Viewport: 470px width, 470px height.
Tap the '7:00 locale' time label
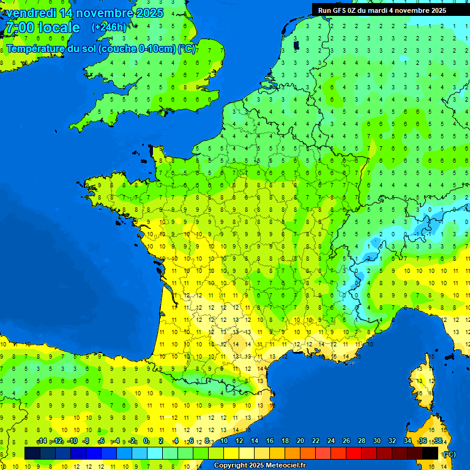(42, 28)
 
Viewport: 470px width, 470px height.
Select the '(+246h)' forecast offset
(109, 27)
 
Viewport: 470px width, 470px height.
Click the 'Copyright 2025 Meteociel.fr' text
(259, 465)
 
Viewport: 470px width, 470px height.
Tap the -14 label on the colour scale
(42, 441)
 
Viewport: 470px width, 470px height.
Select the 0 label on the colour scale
(146, 441)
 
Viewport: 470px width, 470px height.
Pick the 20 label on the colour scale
(300, 441)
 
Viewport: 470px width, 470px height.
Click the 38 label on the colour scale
(438, 441)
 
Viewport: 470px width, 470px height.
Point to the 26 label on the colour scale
(346, 441)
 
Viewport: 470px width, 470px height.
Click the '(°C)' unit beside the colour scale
(449, 453)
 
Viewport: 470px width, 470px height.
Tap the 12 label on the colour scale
(239, 441)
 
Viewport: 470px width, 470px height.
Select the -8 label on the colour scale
(86, 441)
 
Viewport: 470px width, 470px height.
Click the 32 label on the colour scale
(392, 441)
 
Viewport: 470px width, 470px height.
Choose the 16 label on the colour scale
(269, 441)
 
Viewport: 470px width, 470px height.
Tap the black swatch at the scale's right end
(431, 453)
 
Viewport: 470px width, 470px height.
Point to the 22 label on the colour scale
(315, 441)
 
